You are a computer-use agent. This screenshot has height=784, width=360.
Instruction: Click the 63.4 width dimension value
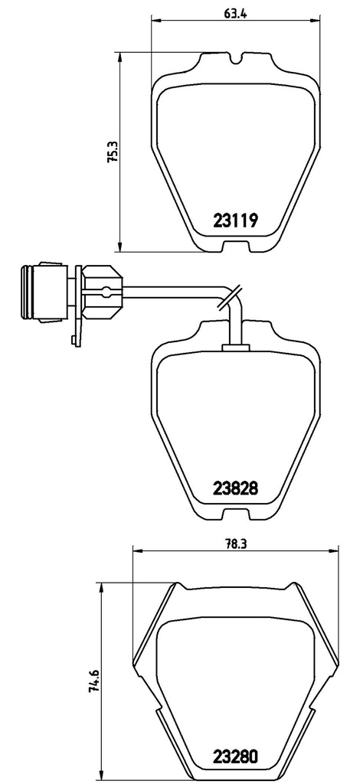pyautogui.click(x=234, y=10)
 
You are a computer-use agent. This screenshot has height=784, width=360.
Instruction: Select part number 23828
pyautogui.click(x=234, y=487)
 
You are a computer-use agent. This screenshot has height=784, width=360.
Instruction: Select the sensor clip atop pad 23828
pyautogui.click(x=236, y=347)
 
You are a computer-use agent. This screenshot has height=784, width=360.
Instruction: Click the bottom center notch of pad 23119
pyautogui.click(x=235, y=246)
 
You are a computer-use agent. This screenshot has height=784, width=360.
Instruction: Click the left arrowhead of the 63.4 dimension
pyautogui.click(x=155, y=20)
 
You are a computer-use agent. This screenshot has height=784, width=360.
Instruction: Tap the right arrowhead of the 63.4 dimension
pyautogui.click(x=314, y=20)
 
